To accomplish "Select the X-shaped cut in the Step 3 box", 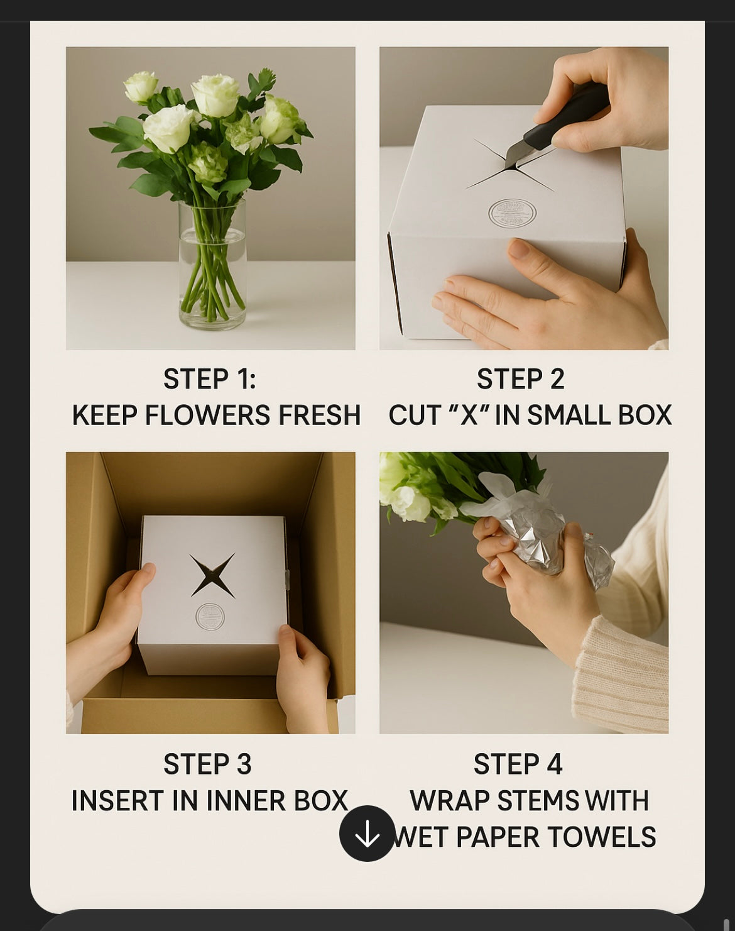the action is coord(212,575).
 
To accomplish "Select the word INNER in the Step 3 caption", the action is coord(246,800).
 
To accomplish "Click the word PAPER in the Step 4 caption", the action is coord(498,837).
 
